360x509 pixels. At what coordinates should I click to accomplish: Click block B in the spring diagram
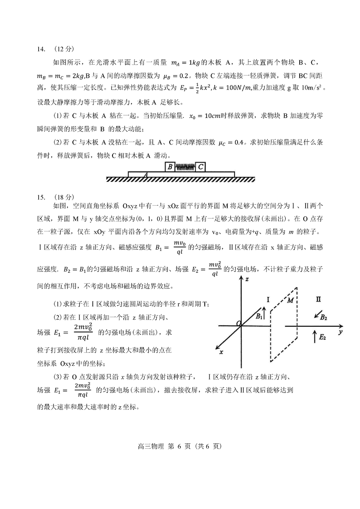tap(170, 167)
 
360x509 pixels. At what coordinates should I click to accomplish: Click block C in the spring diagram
tap(201, 167)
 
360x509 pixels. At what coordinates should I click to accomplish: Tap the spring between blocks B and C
tap(185, 167)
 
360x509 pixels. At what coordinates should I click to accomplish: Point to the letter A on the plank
tap(145, 174)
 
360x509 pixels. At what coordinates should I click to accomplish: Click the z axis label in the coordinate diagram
tap(247, 279)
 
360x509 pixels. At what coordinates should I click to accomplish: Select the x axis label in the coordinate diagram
tap(221, 352)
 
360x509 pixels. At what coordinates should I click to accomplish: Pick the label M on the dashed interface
tap(290, 300)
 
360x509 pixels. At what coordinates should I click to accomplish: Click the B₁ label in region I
tap(259, 316)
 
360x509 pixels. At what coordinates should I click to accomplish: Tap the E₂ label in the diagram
tap(322, 337)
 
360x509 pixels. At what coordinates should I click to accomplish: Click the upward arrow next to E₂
tap(314, 336)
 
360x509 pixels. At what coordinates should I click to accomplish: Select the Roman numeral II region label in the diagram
tap(318, 299)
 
